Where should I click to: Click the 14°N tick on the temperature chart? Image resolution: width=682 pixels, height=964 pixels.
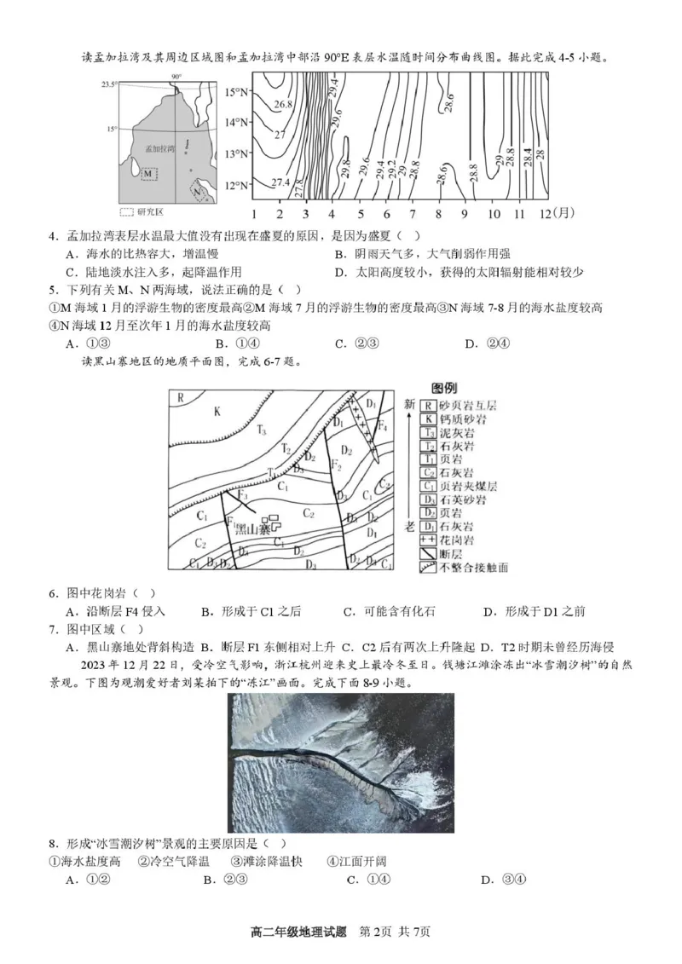[235, 122]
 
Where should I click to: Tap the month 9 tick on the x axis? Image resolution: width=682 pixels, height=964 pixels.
[465, 213]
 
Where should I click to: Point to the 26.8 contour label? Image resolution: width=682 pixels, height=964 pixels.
[284, 105]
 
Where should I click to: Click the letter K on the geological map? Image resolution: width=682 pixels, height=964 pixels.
[217, 412]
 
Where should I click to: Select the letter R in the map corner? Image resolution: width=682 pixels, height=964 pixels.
[180, 397]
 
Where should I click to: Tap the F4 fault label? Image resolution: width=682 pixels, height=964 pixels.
[382, 424]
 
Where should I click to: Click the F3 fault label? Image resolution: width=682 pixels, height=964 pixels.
[242, 494]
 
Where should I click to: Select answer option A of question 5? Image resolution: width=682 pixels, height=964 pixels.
[84, 343]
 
